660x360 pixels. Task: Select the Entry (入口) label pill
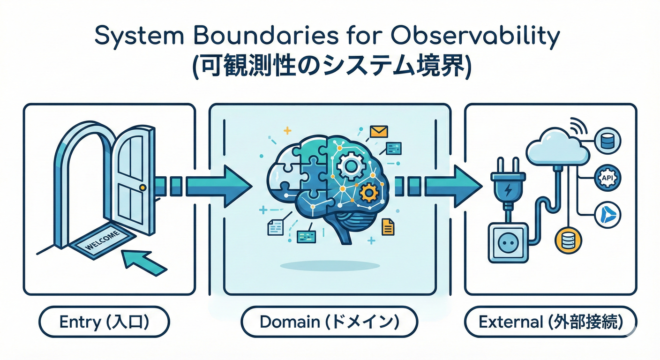[x=104, y=322]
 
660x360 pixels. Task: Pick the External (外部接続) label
[x=550, y=322]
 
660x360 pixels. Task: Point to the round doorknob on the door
[x=143, y=187]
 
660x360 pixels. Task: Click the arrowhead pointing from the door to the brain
[x=234, y=186]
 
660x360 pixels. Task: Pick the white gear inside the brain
[x=348, y=166]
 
